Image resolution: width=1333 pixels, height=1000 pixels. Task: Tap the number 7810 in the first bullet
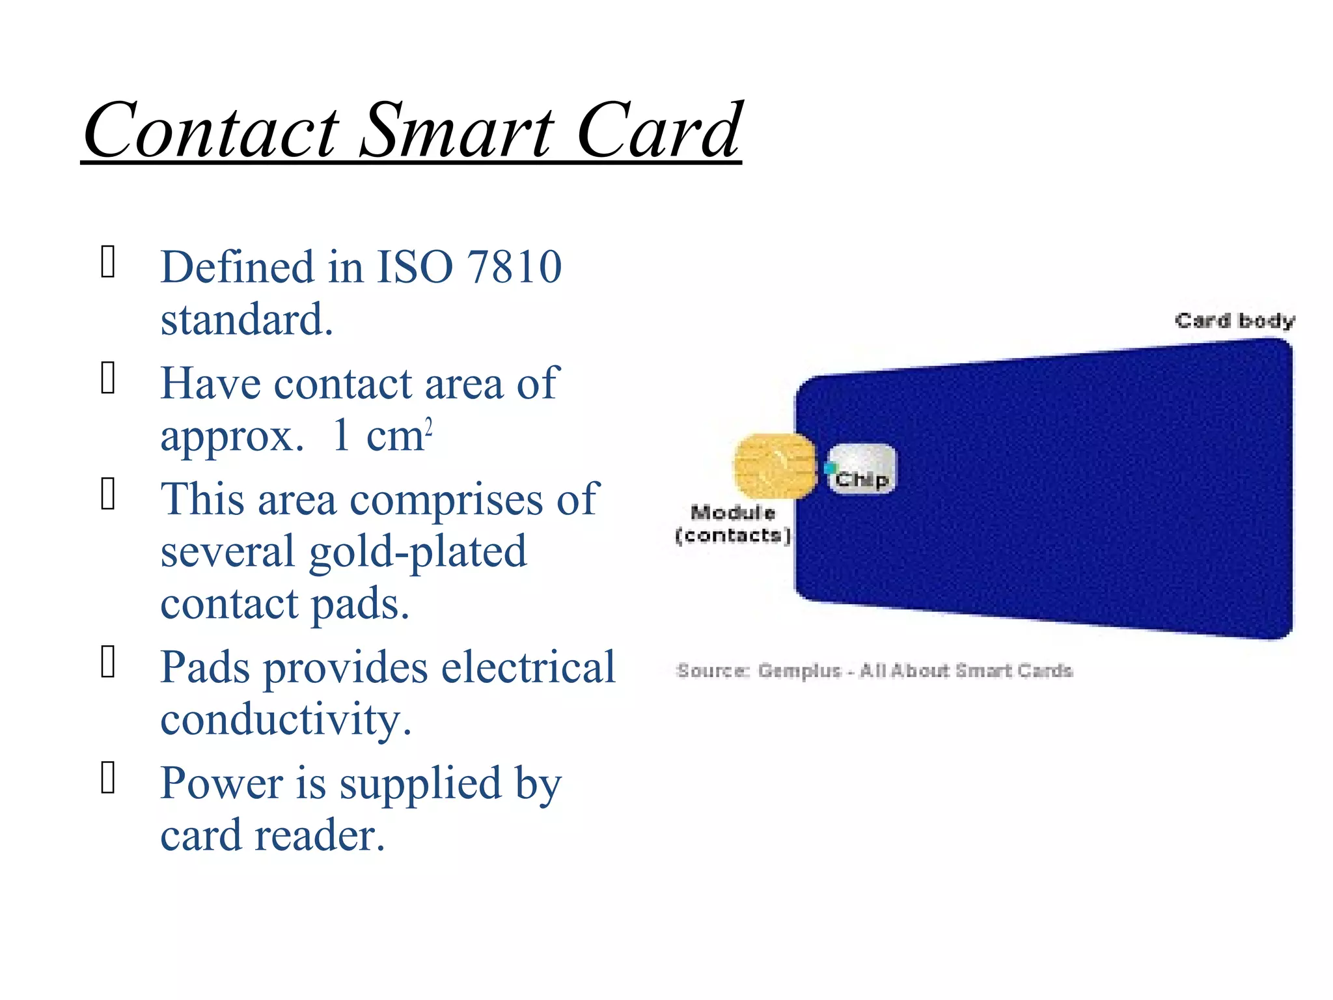pyautogui.click(x=514, y=267)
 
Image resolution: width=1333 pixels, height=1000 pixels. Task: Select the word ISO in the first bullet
pyautogui.click(x=415, y=267)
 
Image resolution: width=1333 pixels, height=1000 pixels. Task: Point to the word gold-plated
pyautogui.click(x=417, y=552)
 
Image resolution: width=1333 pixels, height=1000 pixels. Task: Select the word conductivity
pyautogui.click(x=286, y=720)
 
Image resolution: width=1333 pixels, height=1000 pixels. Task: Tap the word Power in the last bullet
pyautogui.click(x=220, y=783)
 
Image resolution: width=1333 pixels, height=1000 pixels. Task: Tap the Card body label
pyautogui.click(x=1235, y=320)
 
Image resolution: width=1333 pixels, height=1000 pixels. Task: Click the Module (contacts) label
pyautogui.click(x=733, y=524)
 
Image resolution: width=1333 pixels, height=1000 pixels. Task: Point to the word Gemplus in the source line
pyautogui.click(x=799, y=671)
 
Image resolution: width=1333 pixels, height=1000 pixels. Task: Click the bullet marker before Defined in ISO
pyautogui.click(x=108, y=262)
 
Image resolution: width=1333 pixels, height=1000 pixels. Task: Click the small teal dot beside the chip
pyautogui.click(x=829, y=468)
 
